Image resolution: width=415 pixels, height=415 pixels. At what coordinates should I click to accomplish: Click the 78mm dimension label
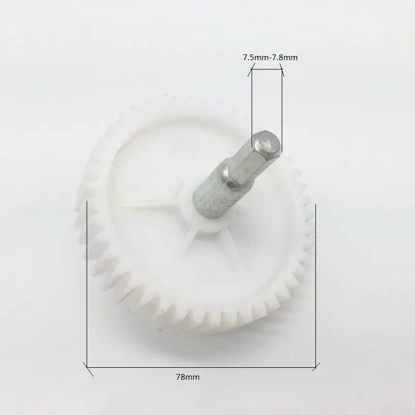point(188,377)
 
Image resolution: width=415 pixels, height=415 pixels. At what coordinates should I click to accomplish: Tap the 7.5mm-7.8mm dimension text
point(270,58)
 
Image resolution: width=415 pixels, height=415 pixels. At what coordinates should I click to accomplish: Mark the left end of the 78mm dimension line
point(87,367)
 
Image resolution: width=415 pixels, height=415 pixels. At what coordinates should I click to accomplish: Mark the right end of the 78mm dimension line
point(315,367)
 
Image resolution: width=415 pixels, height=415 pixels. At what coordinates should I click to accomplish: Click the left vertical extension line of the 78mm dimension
point(87,284)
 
